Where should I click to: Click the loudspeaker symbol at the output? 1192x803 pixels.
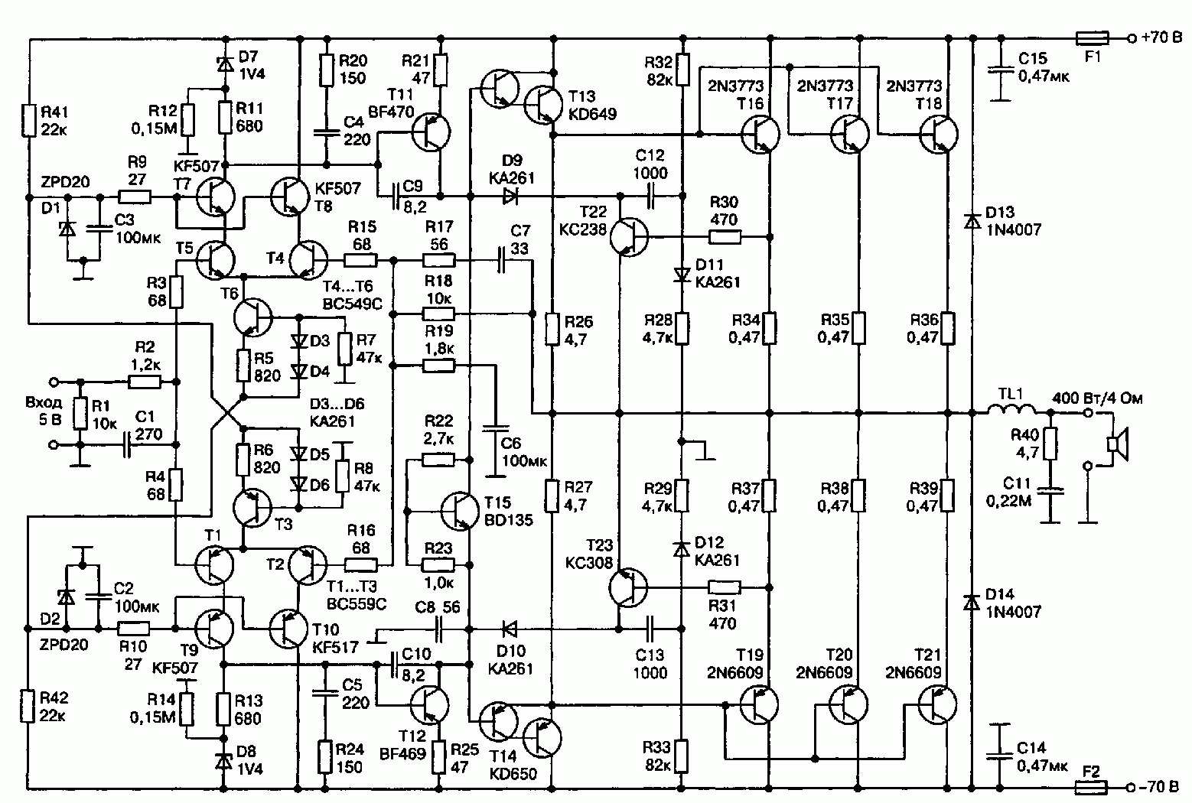click(1118, 445)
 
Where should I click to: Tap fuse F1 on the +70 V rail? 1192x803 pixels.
click(1092, 38)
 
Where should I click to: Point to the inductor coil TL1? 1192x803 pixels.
click(1011, 408)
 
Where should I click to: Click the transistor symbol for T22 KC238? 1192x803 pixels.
click(629, 236)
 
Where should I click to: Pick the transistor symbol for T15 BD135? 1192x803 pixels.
click(460, 512)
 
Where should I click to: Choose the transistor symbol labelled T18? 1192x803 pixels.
click(939, 134)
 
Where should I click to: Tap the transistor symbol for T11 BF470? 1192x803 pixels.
click(431, 132)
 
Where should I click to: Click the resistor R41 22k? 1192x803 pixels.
click(29, 122)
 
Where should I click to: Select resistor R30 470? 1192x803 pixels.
click(725, 237)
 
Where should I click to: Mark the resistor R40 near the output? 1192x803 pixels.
click(1050, 444)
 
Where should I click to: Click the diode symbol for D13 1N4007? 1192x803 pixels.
click(972, 221)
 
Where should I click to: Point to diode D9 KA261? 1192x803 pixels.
click(510, 197)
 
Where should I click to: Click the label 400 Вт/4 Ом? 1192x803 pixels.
click(1097, 398)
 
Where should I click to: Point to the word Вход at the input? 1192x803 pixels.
click(44, 402)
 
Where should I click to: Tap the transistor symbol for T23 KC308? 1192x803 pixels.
click(628, 587)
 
